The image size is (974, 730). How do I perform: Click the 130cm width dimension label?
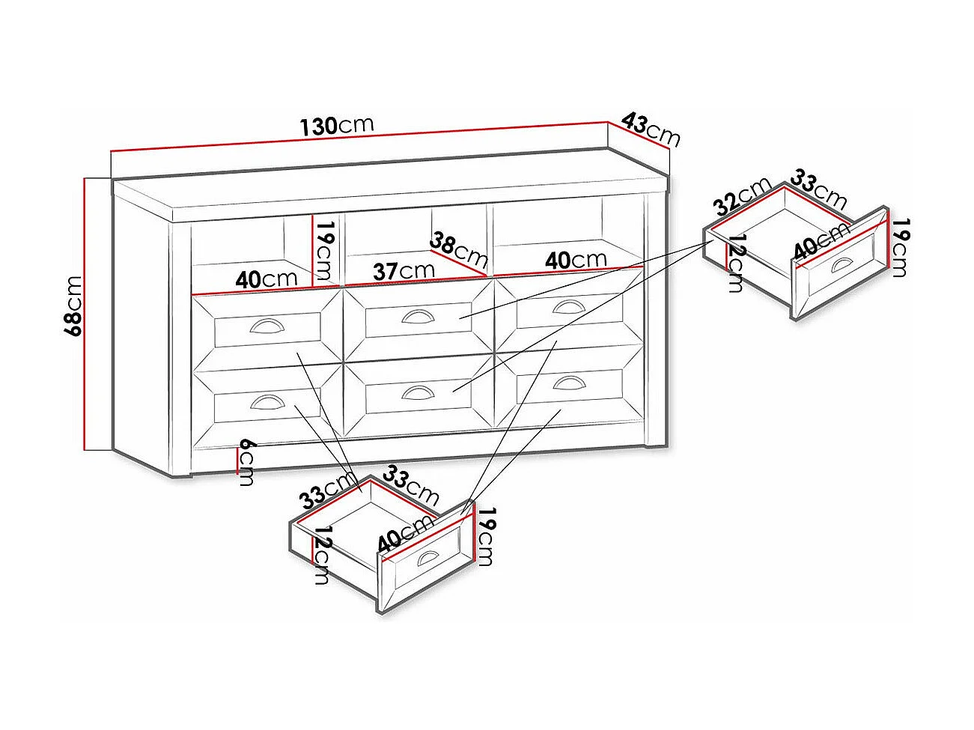pos(337,126)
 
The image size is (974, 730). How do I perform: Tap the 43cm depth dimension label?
pos(650,130)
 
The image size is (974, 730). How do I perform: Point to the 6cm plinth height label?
pos(247,463)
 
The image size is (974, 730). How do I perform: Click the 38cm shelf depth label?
pos(458,250)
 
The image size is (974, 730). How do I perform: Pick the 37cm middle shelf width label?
pos(404,271)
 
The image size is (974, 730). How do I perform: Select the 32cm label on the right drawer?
pos(742,197)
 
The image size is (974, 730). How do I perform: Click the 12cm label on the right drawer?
pos(736,264)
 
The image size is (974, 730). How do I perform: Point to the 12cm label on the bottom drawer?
pos(323,555)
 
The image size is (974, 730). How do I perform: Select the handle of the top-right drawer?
pos(569,307)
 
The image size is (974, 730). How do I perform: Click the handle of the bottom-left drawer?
pos(267,401)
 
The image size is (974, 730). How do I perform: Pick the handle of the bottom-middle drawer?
pos(418,392)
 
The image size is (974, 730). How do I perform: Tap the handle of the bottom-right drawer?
pos(569,382)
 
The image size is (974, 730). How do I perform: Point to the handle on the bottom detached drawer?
pos(427,557)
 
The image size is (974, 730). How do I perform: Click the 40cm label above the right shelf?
pos(576,260)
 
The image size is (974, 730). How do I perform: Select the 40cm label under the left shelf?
pos(267,279)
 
